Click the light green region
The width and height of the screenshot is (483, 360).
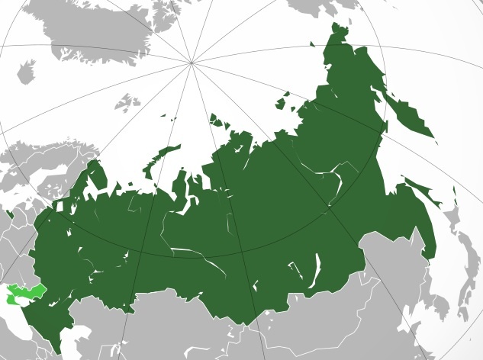(23, 293)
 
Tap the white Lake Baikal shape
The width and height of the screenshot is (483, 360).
(313, 271)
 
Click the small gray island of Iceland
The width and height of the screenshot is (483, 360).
(26, 73)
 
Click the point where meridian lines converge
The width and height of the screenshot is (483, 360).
(192, 62)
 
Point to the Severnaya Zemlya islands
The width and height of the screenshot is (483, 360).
(221, 121)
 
